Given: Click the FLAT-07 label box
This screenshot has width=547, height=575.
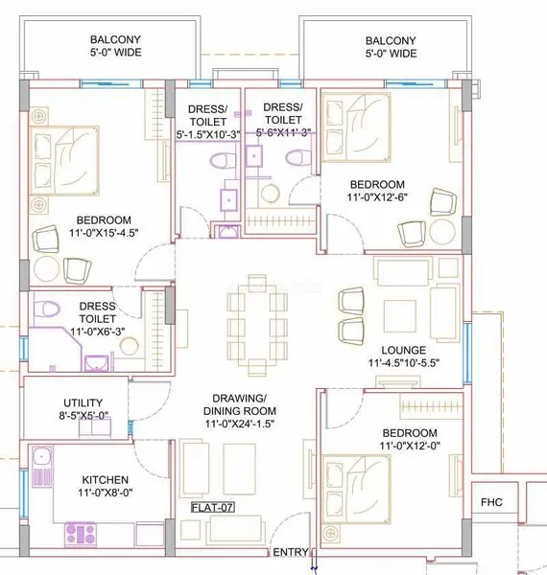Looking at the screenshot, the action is tap(213, 508).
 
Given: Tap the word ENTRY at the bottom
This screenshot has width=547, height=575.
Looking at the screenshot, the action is tap(291, 552).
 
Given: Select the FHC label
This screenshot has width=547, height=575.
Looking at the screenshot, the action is tap(491, 502).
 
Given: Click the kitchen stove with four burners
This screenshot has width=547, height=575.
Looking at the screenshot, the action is tap(81, 534).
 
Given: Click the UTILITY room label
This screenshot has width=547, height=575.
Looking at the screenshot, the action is tap(83, 402).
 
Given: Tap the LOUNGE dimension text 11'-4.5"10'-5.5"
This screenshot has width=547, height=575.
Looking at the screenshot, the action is tap(404, 362).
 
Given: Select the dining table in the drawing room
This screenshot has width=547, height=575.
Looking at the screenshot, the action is tap(257, 324).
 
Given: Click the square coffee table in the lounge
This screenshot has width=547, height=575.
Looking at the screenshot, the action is tap(400, 316).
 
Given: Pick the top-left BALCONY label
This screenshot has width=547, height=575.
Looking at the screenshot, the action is tap(116, 46).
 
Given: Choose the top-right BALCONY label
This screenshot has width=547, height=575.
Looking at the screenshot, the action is tap(391, 47).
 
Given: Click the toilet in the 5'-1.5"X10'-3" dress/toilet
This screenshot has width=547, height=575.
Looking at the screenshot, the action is tap(223, 161).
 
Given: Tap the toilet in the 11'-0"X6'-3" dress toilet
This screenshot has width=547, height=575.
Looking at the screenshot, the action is tap(47, 309).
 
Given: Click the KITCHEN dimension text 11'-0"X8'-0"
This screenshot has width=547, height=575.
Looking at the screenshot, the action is tap(105, 493).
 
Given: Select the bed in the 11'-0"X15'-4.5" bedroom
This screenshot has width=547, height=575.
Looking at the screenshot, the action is tap(64, 161).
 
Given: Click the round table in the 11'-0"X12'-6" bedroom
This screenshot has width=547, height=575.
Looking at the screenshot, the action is tap(442, 232).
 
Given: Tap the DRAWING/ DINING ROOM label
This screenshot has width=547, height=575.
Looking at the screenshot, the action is tap(240, 404).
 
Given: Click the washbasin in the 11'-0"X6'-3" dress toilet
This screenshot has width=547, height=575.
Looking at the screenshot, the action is tap(97, 363).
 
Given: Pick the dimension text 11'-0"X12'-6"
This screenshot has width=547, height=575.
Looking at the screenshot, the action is tap(377, 196).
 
